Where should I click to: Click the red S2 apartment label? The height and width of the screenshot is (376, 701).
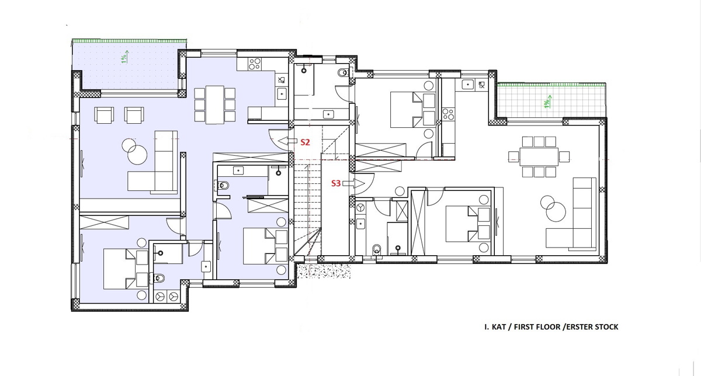click(305, 142)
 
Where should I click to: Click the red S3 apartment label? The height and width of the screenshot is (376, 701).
click(336, 183)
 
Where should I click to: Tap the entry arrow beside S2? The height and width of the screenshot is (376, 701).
click(287, 141)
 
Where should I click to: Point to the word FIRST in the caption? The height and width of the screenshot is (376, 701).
click(525, 327)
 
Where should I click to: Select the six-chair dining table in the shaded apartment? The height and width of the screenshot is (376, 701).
click(215, 105)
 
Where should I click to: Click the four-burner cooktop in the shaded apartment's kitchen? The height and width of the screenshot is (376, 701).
click(255, 64)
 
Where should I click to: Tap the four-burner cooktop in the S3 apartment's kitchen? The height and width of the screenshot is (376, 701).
click(448, 114)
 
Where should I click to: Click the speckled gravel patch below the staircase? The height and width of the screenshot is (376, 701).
click(324, 271)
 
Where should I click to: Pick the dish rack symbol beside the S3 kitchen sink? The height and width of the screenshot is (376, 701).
click(481, 85)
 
